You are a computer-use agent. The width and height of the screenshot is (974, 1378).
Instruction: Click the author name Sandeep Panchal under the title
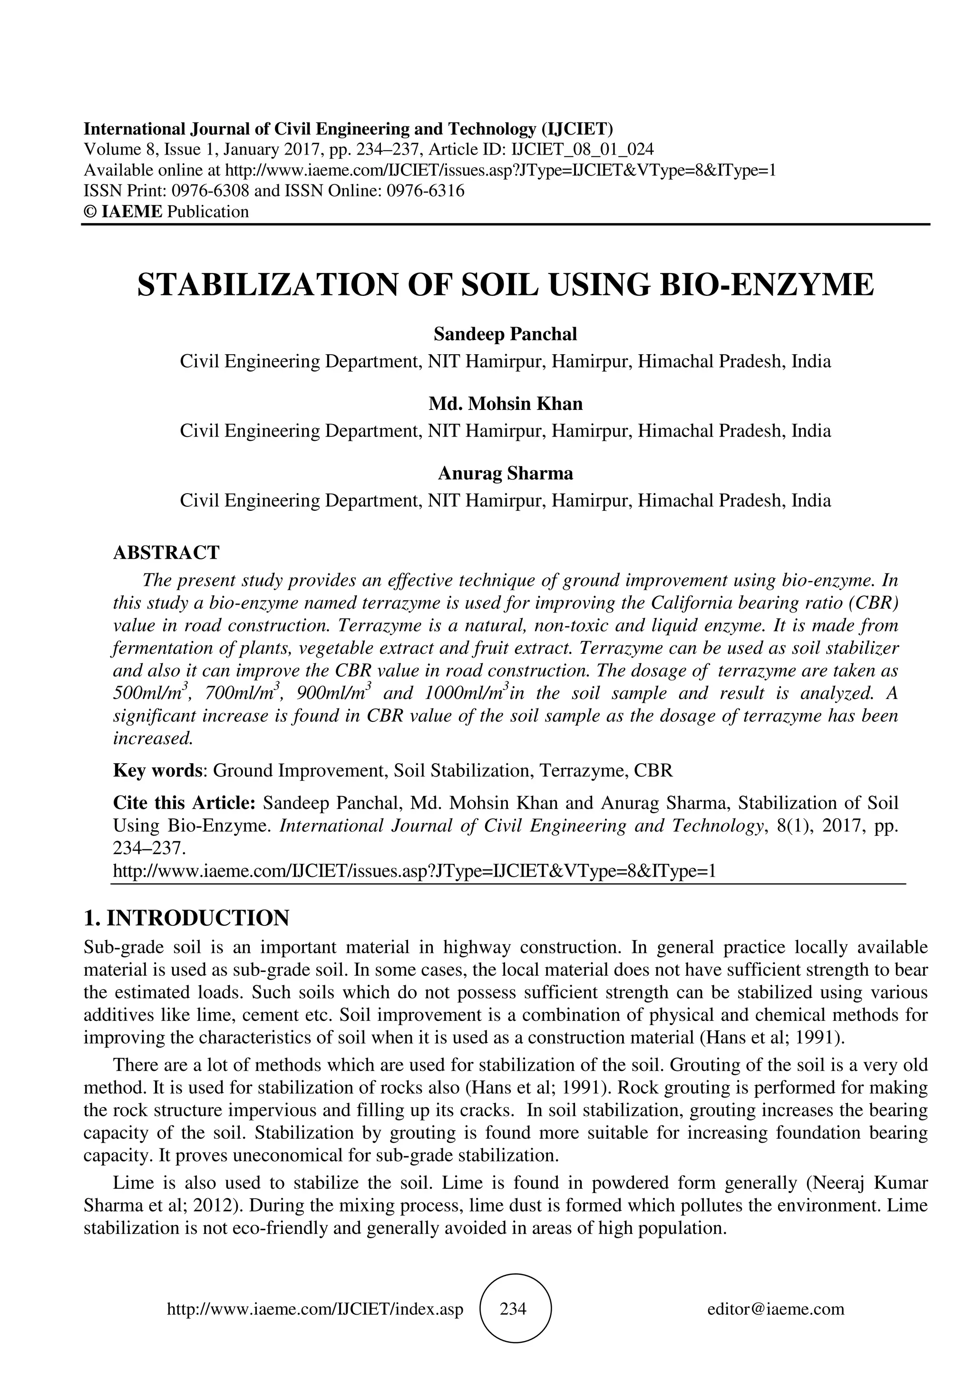(x=505, y=334)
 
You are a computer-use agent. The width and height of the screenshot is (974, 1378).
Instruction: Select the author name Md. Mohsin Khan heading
(x=505, y=403)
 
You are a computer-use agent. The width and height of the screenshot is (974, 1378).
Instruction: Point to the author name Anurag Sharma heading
(x=505, y=473)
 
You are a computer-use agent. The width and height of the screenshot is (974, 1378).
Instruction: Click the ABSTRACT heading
(x=166, y=552)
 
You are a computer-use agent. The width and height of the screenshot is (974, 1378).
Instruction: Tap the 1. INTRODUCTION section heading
(x=186, y=918)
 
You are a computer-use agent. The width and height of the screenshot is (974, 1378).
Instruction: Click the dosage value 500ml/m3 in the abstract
(x=151, y=694)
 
